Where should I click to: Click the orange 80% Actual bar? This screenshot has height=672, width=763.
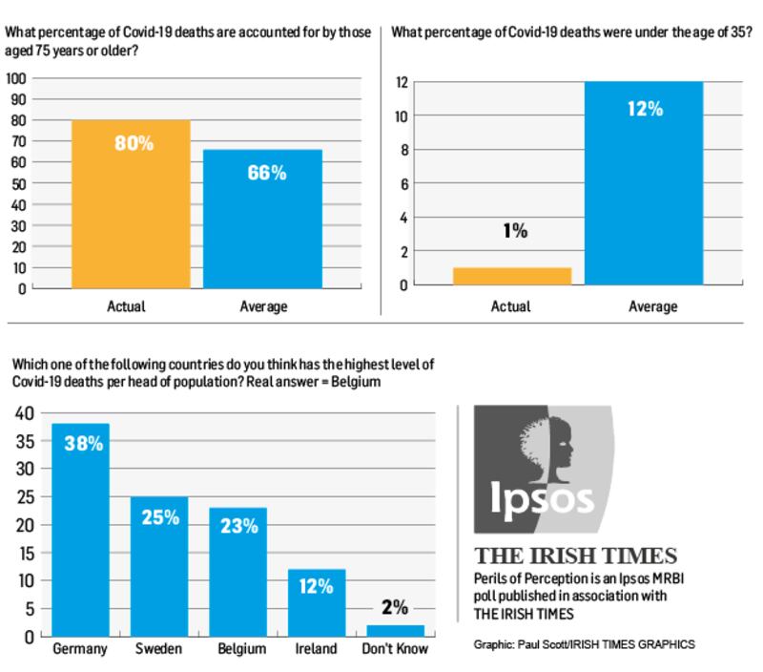[x=131, y=203]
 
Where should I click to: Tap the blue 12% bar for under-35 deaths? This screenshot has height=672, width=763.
[x=645, y=183]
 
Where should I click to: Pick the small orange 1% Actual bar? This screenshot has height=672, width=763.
[x=511, y=276]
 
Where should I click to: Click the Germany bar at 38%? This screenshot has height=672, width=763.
[x=80, y=530]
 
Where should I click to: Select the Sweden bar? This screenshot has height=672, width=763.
[x=159, y=566]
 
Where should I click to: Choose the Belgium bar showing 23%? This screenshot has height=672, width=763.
[x=237, y=572]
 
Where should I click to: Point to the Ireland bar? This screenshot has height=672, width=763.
[x=317, y=602]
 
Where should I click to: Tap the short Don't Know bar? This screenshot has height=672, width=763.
[x=395, y=630]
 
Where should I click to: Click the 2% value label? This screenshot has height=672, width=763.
[x=395, y=608]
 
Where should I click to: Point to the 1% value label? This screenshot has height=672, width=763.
[x=513, y=231]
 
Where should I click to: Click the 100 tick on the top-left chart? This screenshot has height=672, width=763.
[x=16, y=78]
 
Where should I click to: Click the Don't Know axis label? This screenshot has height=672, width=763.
[x=395, y=650]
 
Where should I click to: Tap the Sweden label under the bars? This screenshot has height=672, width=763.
[x=159, y=650]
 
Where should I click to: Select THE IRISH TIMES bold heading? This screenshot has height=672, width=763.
[x=576, y=556]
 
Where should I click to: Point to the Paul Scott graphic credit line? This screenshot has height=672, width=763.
[x=584, y=644]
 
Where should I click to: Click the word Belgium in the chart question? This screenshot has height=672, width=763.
[x=359, y=382]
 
